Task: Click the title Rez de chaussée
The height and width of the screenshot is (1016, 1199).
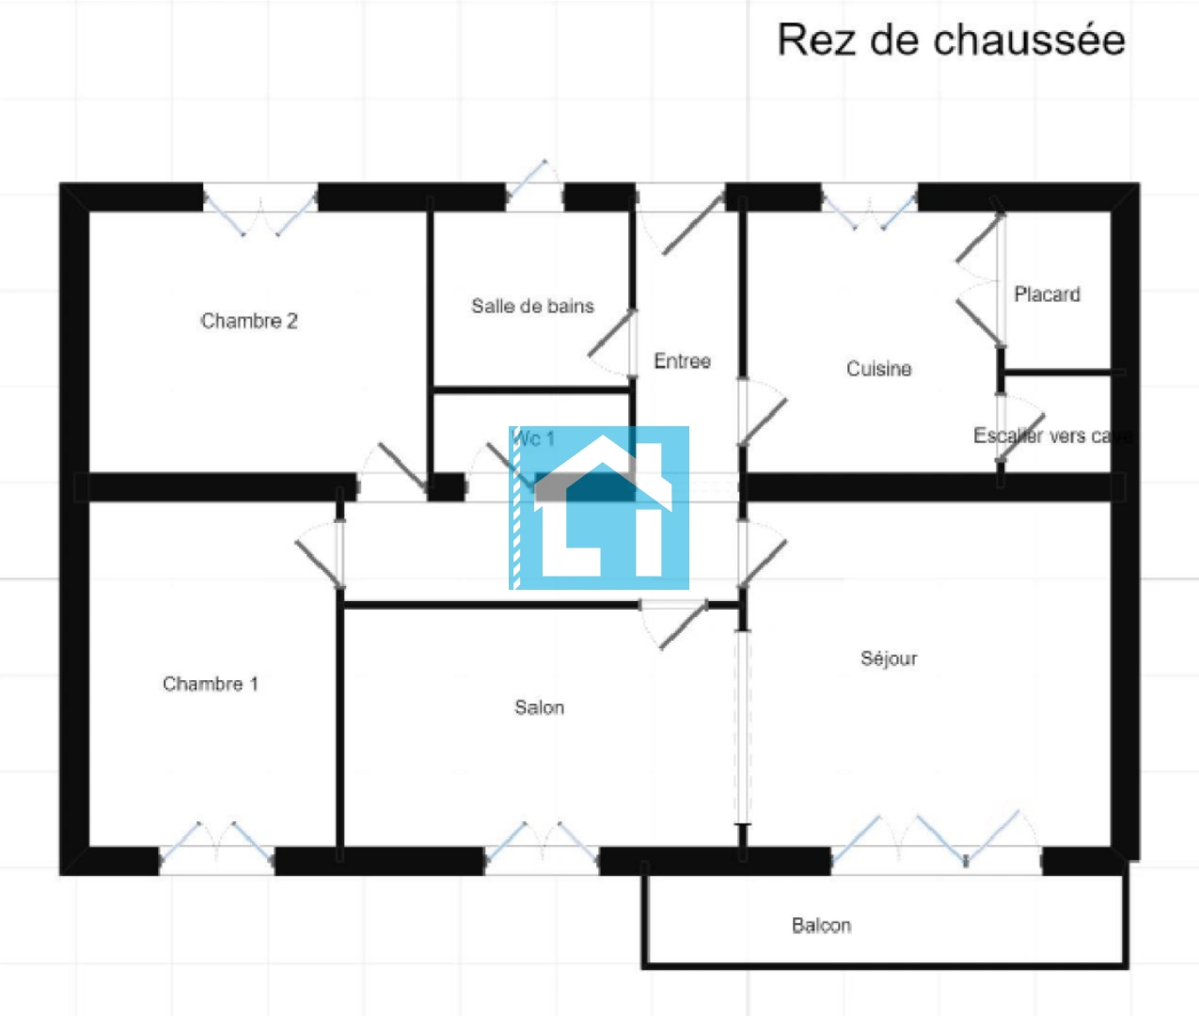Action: (x=951, y=40)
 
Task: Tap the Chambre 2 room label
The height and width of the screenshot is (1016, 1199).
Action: (x=249, y=321)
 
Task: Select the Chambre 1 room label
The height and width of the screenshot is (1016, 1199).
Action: (x=211, y=684)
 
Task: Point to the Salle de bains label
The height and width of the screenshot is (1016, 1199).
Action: (x=532, y=306)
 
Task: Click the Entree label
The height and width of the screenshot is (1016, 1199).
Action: (x=682, y=361)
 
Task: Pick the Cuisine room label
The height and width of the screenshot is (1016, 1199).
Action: (x=878, y=369)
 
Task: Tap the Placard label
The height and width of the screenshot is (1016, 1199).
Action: (x=1047, y=294)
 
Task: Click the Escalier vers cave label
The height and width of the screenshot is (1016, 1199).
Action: (x=1052, y=436)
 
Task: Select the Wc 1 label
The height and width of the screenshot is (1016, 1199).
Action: (x=533, y=438)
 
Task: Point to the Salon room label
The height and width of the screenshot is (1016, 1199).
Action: (x=540, y=707)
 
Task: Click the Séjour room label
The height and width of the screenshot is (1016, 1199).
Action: (x=889, y=659)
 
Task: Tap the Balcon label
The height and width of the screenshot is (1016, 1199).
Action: (x=821, y=926)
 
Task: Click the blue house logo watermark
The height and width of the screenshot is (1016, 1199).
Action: (x=599, y=508)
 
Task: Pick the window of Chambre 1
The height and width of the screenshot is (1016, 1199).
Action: (x=216, y=851)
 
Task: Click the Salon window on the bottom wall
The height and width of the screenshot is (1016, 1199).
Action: (x=541, y=851)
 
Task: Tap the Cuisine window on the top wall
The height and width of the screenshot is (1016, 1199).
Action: (x=869, y=203)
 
